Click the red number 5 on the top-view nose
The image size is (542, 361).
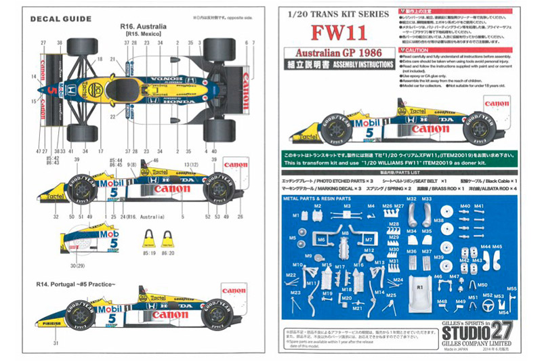[51, 89]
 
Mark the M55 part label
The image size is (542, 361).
[512, 289]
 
